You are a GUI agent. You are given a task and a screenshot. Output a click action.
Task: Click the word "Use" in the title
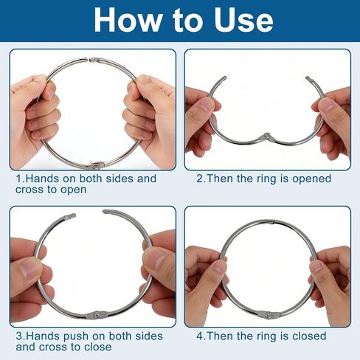243,20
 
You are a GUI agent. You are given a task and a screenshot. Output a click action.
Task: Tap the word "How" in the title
128,20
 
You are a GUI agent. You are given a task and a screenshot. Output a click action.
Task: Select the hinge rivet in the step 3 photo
97,314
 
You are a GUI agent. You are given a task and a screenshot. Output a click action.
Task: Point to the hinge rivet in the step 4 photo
270,314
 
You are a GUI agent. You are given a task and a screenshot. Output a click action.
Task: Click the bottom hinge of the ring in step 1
94,166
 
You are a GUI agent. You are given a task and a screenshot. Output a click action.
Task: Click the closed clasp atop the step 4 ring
270,222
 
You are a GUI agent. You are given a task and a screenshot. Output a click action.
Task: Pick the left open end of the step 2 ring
224,78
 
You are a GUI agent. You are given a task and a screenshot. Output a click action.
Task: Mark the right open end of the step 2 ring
308,79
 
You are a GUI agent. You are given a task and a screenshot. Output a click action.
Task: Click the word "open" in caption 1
74,190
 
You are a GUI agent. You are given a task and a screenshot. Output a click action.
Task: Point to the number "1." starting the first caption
20,179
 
